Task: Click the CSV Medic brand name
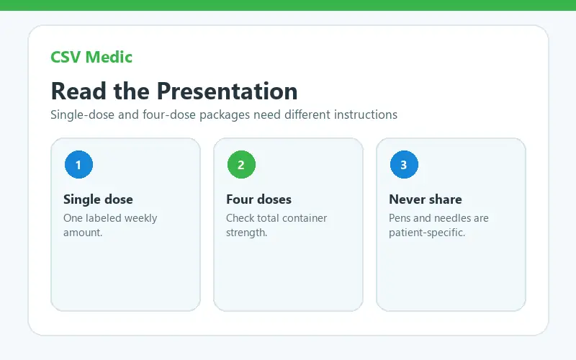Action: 91,57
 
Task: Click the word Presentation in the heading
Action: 228,91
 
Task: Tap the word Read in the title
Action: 78,91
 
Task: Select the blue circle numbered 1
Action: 78,165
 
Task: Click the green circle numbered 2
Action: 241,165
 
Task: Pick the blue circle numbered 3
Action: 404,165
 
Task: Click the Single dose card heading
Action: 98,199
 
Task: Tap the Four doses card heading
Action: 258,199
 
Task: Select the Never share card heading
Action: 426,199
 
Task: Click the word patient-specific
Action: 427,233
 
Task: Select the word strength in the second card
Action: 246,233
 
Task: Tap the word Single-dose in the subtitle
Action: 83,115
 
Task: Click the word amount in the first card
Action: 83,233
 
